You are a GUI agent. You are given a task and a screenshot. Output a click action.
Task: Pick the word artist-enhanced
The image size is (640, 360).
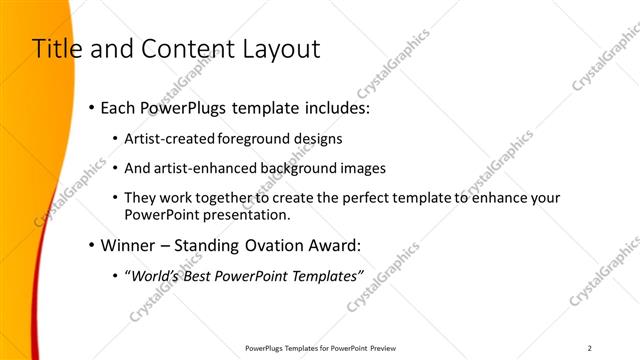tap(205, 168)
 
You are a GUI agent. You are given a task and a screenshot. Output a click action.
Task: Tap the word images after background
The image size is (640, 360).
tap(364, 168)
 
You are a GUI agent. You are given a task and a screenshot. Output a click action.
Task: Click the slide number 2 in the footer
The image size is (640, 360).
tap(590, 348)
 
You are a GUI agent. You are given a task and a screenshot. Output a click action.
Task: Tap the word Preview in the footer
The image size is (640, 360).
tap(382, 348)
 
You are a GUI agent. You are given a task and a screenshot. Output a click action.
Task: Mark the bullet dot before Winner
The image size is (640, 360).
tap(92, 244)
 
